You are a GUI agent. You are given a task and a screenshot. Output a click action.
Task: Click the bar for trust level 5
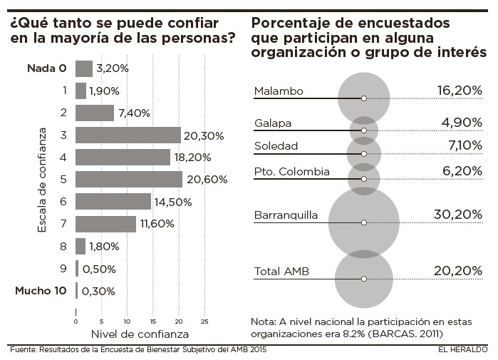tap(128, 180)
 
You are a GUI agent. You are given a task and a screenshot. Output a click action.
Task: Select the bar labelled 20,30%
tap(128, 135)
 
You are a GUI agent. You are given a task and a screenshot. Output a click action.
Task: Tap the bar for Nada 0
tap(83, 68)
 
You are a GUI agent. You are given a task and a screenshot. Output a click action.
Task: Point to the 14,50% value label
tap(173, 202)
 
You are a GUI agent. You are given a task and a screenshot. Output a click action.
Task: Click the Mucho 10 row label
tap(41, 291)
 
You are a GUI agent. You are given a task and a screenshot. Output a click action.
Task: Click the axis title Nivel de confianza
tap(140, 333)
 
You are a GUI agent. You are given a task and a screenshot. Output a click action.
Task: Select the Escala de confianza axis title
tap(43, 180)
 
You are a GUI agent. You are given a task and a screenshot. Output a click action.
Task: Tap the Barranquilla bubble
tap(363, 222)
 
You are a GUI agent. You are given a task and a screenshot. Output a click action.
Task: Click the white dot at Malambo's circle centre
tap(363, 98)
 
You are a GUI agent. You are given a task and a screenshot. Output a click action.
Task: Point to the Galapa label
tap(273, 123)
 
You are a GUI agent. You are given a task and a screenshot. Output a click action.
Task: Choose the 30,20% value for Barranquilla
tap(458, 215)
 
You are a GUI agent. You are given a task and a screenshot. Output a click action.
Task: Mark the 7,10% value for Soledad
tap(462, 146)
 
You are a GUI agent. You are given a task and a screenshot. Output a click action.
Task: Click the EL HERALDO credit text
tap(462, 350)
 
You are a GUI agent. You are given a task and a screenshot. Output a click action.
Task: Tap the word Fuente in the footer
tap(24, 350)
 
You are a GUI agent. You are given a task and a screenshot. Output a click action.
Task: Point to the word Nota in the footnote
tap(263, 320)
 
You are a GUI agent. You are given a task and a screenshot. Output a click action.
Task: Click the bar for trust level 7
tap(105, 225)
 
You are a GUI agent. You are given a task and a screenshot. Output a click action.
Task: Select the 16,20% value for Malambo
tap(460, 91)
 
